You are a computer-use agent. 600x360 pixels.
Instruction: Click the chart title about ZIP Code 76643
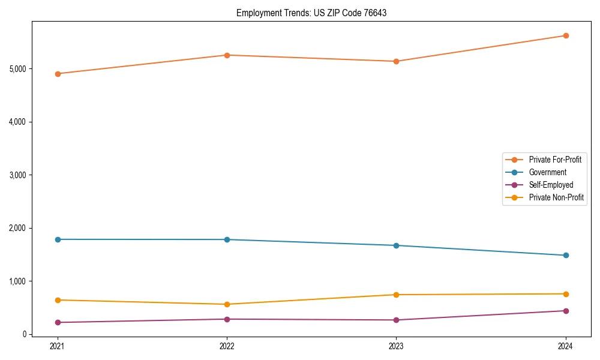[311, 13]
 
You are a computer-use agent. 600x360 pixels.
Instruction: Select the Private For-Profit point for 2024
[566, 35]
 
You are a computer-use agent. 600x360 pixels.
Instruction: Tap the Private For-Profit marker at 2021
[58, 74]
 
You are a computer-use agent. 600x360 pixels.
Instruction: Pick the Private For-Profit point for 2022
[227, 55]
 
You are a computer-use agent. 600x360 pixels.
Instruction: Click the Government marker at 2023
[396, 245]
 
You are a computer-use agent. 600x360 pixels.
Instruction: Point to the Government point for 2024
[566, 256]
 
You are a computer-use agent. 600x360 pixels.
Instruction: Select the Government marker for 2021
[58, 239]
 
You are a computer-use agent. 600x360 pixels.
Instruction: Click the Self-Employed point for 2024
[566, 311]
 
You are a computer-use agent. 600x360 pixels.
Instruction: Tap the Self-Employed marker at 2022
[227, 319]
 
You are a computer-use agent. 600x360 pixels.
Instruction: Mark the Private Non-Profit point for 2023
[396, 295]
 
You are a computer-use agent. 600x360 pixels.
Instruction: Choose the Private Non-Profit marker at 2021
[58, 300]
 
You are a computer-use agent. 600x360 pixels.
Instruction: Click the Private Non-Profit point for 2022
[227, 304]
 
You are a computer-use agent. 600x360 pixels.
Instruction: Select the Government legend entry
[547, 172]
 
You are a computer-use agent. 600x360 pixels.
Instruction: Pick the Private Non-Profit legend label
[556, 197]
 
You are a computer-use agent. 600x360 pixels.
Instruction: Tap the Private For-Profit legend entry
[554, 160]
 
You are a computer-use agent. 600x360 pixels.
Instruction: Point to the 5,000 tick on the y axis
[17, 69]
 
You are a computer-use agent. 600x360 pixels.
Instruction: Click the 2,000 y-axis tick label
[17, 228]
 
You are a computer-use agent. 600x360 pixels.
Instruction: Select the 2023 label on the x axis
[396, 346]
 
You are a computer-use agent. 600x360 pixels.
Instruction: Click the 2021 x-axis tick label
[58, 346]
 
